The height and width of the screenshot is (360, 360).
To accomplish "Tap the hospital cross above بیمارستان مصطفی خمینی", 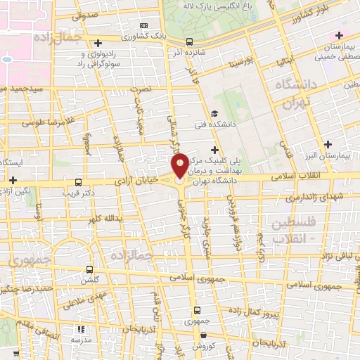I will point(340,35).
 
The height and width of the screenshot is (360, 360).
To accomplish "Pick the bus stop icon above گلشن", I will point(89,269).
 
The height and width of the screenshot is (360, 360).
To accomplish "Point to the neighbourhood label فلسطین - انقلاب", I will point(290,229).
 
